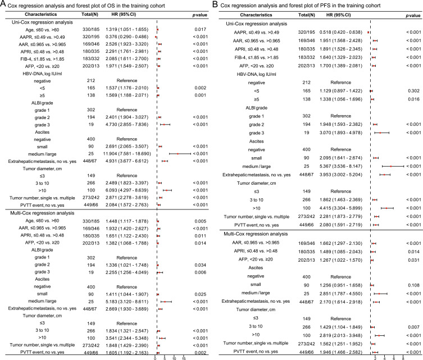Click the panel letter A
(3, 4)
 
